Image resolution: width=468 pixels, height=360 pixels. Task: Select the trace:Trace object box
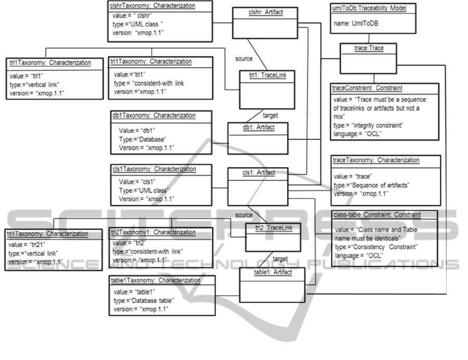point(368,48)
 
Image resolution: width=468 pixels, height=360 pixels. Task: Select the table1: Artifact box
point(273,284)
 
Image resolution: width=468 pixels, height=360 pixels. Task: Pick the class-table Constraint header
point(376,214)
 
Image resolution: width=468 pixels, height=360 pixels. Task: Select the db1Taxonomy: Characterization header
point(154,115)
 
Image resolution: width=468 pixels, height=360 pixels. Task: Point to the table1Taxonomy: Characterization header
point(155,281)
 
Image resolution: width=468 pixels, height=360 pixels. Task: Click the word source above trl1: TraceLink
point(244,59)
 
